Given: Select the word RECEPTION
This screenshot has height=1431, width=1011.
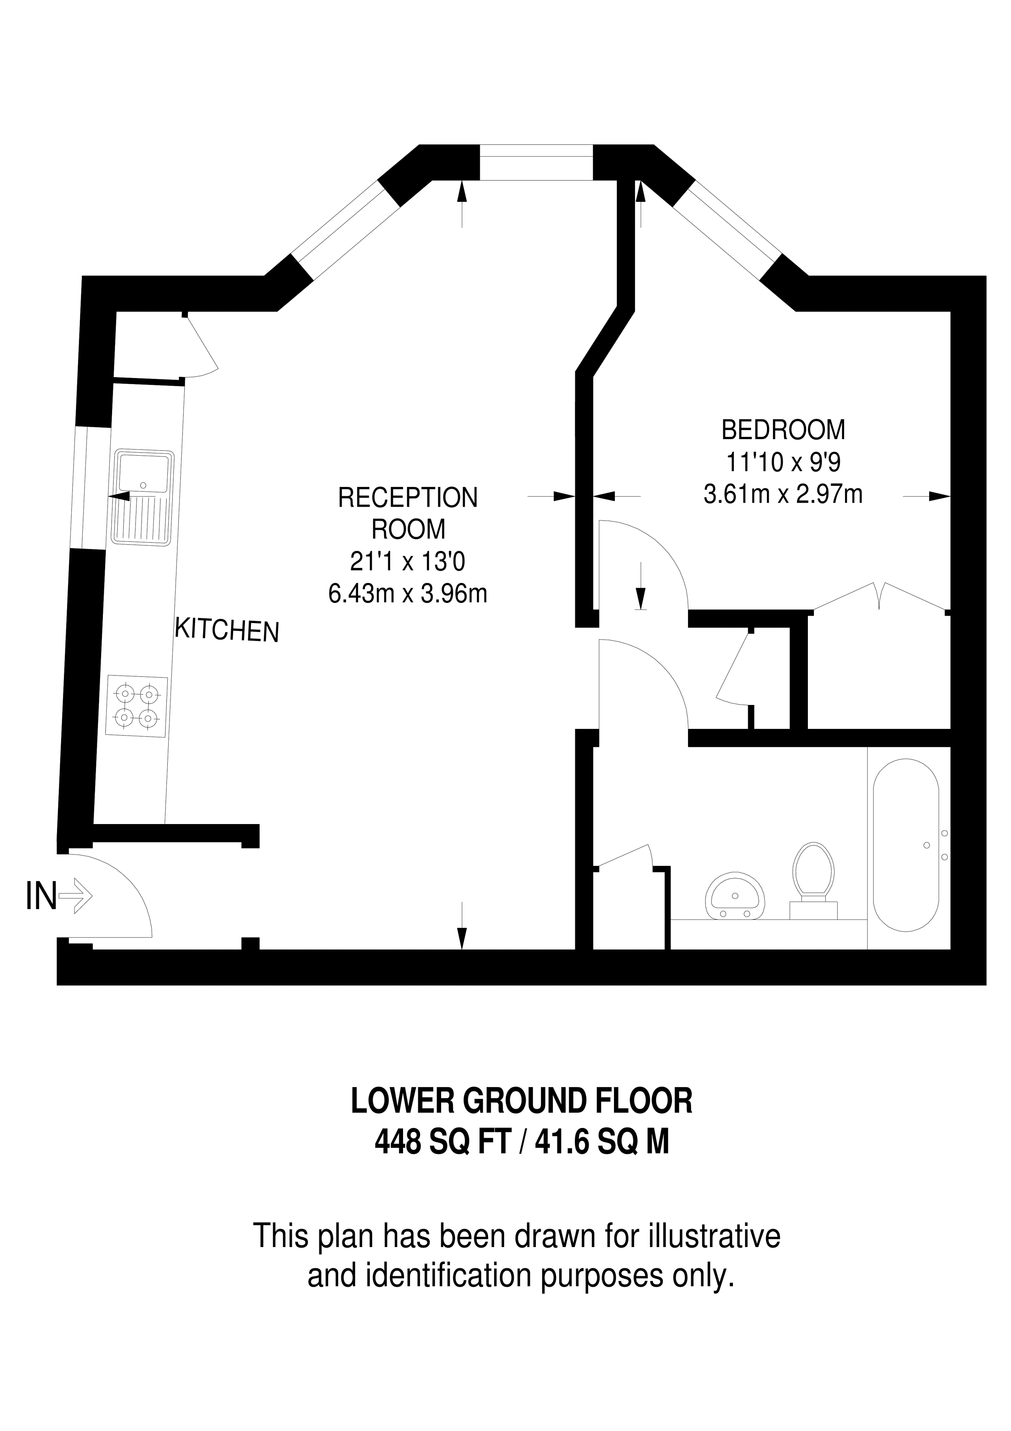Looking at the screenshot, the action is tap(408, 498).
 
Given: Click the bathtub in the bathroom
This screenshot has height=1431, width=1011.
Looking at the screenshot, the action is tap(906, 845).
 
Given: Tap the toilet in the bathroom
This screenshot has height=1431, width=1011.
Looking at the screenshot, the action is tap(813, 881).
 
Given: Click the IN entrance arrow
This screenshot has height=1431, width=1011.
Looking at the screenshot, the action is tap(75, 897).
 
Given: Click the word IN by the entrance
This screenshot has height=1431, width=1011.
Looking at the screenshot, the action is tap(41, 897).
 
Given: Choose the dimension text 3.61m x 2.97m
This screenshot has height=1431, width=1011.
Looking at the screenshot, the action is tap(783, 495).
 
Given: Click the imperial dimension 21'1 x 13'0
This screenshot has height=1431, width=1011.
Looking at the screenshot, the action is tap(408, 562).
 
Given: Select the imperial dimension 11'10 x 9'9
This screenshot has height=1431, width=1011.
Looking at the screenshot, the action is tap(783, 463).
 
